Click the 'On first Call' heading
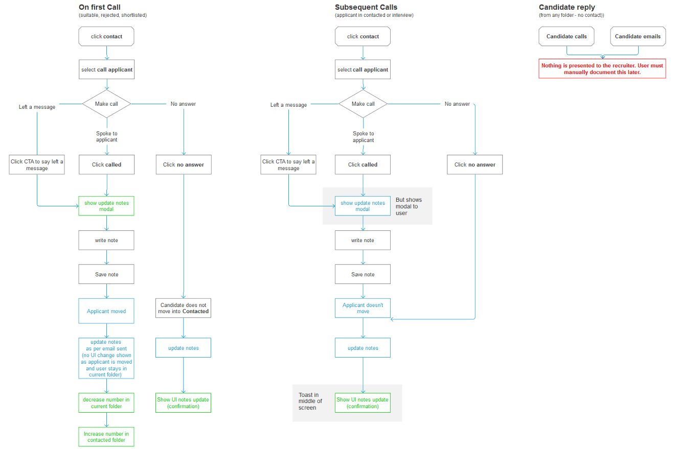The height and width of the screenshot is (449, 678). click(x=100, y=7)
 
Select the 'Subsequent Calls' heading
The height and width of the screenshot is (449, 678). click(x=366, y=7)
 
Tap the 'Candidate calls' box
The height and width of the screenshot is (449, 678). click(x=567, y=36)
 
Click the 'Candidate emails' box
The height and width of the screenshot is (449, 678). click(x=638, y=36)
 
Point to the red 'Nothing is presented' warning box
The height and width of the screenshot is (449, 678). click(x=602, y=68)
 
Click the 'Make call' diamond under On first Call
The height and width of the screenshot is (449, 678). click(x=106, y=104)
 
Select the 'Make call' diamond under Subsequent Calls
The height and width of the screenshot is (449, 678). click(x=363, y=104)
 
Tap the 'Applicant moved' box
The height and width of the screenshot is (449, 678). click(x=106, y=311)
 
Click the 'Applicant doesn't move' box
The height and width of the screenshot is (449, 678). click(x=363, y=308)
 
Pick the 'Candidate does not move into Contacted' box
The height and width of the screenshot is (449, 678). click(x=183, y=308)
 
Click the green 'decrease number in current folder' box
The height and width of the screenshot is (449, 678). click(x=106, y=403)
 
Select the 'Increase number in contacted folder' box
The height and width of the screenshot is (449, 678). click(x=106, y=437)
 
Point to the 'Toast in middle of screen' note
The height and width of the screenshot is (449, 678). click(x=310, y=401)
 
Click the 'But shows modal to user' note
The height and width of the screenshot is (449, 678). click(x=409, y=206)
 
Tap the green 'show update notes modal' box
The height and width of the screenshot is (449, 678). click(x=106, y=206)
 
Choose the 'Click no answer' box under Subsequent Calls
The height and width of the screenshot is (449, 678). click(x=474, y=164)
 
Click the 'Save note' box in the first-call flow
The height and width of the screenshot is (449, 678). click(x=106, y=274)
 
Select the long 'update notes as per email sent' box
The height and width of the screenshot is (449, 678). click(x=106, y=358)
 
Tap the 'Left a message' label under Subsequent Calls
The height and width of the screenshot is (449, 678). click(x=288, y=105)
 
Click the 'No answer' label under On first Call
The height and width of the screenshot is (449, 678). click(x=183, y=104)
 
